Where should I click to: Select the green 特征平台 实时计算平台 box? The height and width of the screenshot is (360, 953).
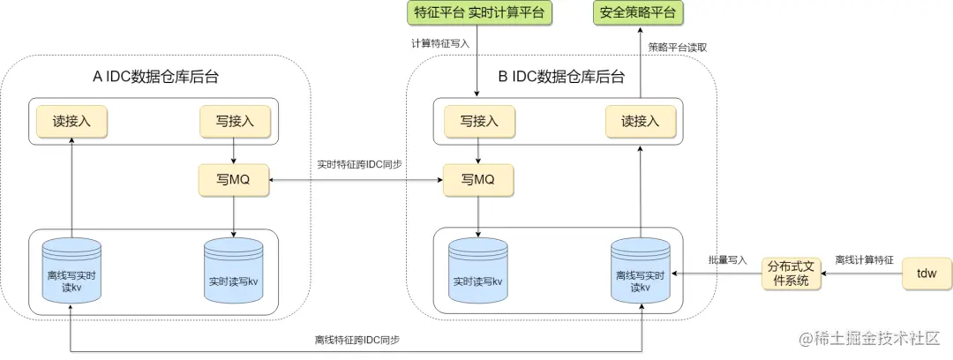pos(479,12)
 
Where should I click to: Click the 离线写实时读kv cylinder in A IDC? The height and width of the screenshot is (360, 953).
pos(71,271)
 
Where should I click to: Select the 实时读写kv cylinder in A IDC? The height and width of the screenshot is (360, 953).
pos(233,271)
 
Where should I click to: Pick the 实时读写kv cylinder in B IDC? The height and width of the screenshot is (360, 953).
pos(477,271)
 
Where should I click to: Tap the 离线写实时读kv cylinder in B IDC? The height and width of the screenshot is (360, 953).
pos(641,271)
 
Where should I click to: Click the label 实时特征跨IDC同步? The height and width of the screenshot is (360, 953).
pos(359,164)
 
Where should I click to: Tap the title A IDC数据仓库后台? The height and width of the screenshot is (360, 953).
pos(155,77)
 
